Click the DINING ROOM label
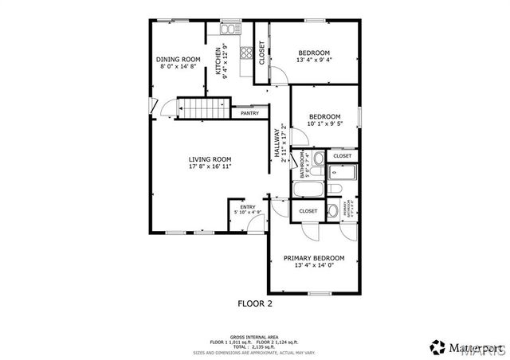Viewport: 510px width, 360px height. pos(178,60)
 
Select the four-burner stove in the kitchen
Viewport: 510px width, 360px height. pos(246,54)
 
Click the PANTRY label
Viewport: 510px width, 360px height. pos(249,114)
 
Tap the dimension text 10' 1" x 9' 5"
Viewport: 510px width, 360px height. pos(324,123)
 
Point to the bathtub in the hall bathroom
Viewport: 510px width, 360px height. pos(308,190)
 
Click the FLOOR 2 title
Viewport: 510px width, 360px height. pos(256,303)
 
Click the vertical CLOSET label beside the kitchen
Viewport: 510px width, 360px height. pos(261,52)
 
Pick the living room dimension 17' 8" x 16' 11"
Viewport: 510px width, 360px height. pos(210,167)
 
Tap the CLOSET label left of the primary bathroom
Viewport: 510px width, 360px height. pos(308,211)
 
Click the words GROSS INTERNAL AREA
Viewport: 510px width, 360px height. pos(254,337)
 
